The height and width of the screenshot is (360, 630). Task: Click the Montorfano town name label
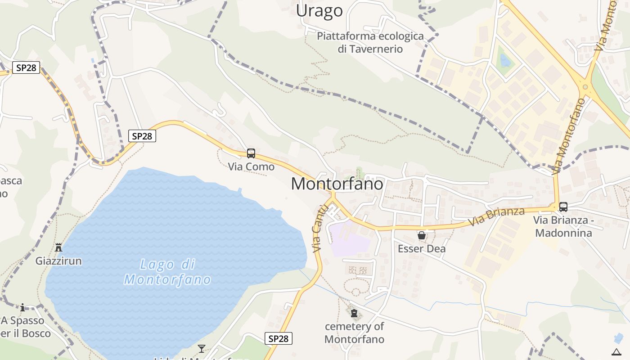[x=337, y=184]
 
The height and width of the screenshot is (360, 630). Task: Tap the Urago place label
[x=319, y=11]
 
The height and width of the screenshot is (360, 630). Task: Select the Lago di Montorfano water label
[x=167, y=272]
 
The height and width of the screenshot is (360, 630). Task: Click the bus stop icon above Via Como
[x=251, y=153]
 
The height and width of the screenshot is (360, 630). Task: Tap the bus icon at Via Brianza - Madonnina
[x=563, y=207]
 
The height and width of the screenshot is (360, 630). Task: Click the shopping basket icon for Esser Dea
[x=422, y=235]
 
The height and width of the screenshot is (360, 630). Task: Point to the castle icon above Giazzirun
[x=58, y=247]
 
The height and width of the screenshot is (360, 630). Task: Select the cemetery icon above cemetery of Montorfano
[x=354, y=313]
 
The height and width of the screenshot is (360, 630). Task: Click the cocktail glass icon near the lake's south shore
[x=202, y=348]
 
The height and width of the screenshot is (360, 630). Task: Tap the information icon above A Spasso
[x=22, y=307]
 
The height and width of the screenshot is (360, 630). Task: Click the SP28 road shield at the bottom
[x=278, y=338]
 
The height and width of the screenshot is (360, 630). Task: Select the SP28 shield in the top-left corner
[x=26, y=68]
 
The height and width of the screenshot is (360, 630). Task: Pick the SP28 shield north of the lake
[x=142, y=136]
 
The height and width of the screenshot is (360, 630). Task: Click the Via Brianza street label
[x=496, y=217]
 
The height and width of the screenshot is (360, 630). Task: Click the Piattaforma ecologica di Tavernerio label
[x=370, y=42]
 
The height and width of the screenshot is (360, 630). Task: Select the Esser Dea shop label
[x=422, y=248]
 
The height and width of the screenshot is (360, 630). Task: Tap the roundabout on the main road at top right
[x=585, y=86]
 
